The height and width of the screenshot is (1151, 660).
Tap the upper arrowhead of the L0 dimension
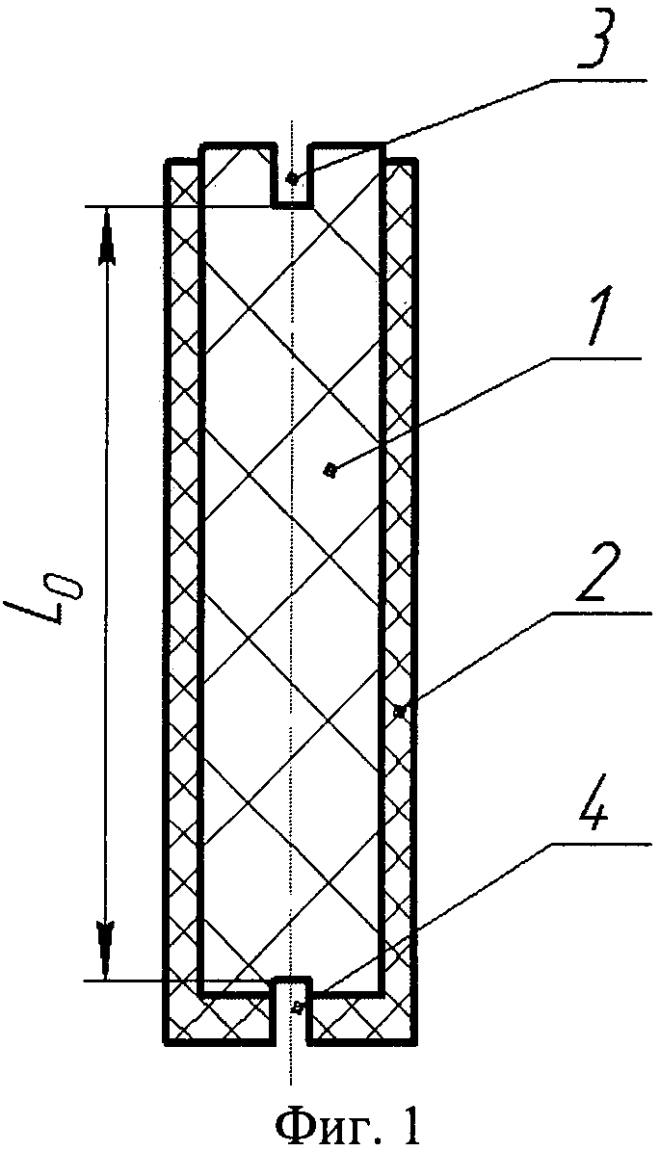click(106, 241)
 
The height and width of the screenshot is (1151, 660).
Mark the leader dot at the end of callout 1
click(330, 470)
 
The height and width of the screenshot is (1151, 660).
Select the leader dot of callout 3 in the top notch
click(292, 178)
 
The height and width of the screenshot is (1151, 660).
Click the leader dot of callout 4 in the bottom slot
click(297, 1007)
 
